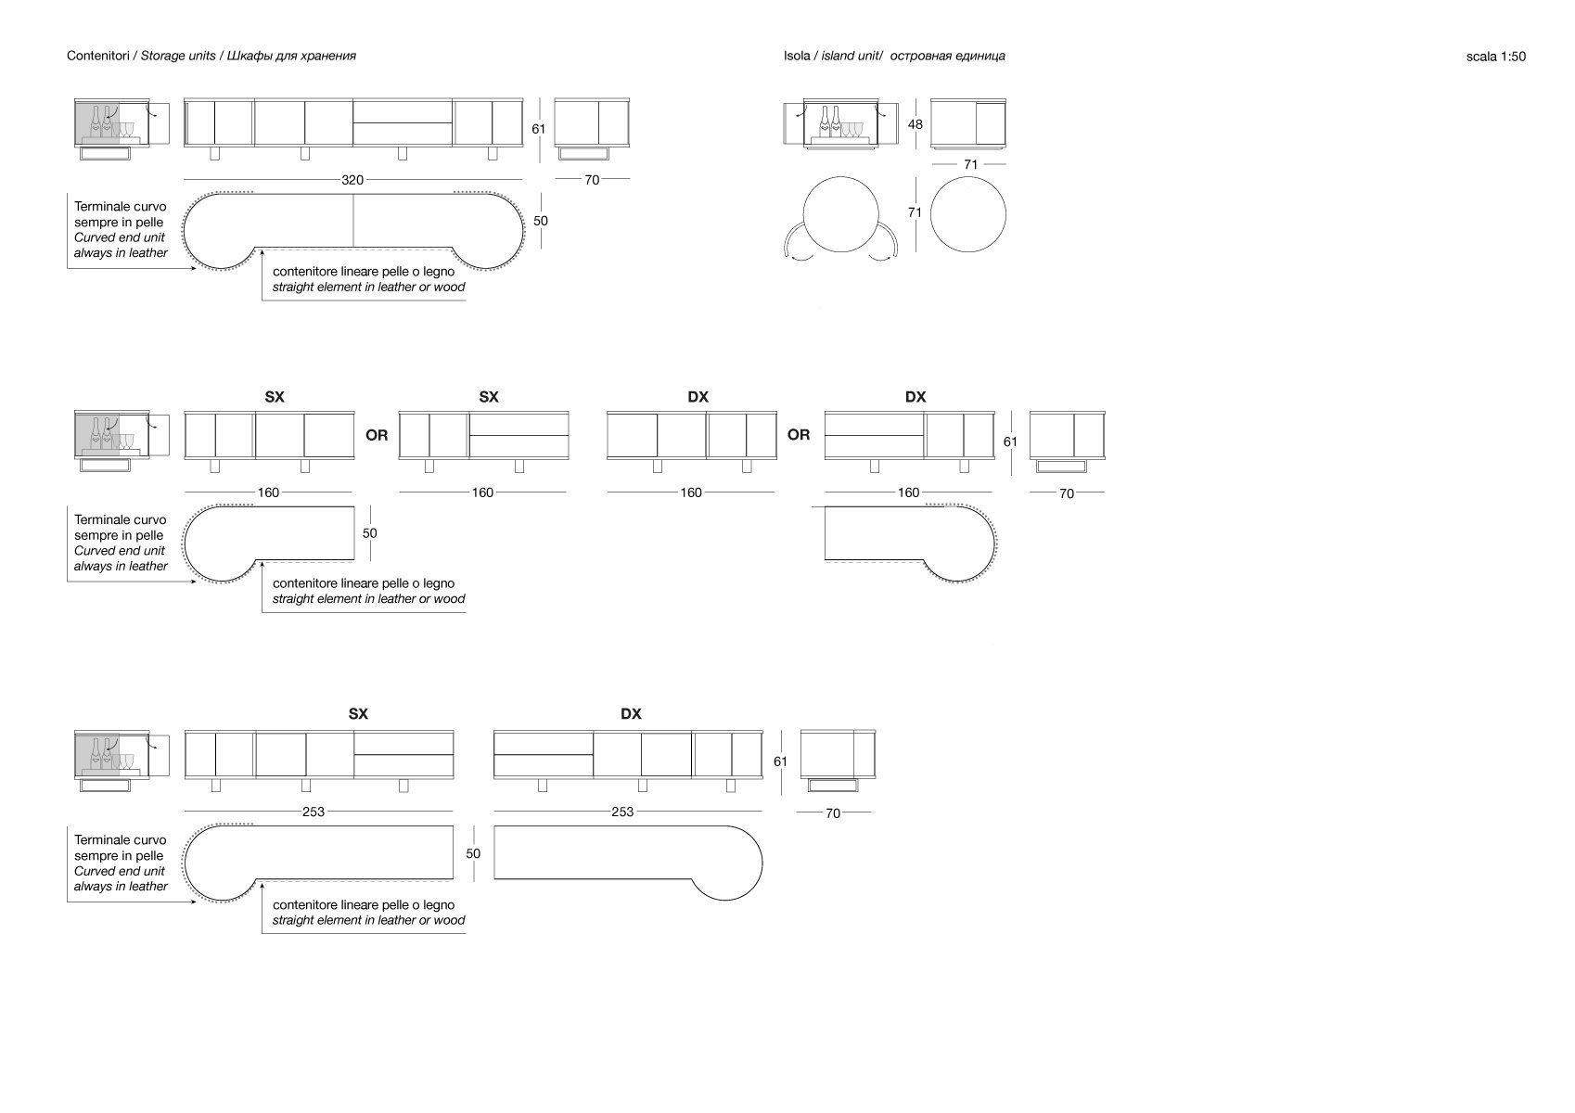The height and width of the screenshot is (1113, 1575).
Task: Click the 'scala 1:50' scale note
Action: (x=1495, y=57)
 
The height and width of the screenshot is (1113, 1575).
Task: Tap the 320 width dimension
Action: (x=352, y=180)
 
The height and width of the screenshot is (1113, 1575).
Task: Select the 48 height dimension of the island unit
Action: (x=915, y=124)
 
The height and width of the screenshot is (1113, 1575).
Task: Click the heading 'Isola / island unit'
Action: (x=893, y=56)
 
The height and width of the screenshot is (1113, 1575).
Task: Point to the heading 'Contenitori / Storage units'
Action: (x=211, y=56)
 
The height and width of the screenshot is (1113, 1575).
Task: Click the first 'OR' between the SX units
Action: (x=377, y=434)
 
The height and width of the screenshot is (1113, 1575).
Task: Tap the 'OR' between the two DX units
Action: (x=798, y=434)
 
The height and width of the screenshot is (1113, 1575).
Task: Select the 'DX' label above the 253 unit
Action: (x=631, y=714)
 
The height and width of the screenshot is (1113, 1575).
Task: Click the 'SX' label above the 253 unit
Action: (x=358, y=714)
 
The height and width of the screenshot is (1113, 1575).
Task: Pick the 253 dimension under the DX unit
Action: (x=622, y=812)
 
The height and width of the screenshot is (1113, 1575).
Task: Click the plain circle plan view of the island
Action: (x=967, y=214)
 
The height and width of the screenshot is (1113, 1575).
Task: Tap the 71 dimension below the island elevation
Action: (x=970, y=164)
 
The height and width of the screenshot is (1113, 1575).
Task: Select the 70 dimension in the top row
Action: (x=592, y=180)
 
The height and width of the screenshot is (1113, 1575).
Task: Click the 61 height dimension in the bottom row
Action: (x=780, y=761)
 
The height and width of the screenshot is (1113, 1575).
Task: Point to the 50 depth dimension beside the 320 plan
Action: (x=540, y=221)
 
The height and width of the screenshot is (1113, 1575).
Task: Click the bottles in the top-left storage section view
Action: (x=103, y=122)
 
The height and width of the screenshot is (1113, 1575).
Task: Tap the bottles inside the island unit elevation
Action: (x=830, y=122)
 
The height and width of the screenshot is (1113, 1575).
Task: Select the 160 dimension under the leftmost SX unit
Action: (x=268, y=493)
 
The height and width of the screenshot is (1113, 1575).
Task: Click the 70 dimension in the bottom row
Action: (x=833, y=812)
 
